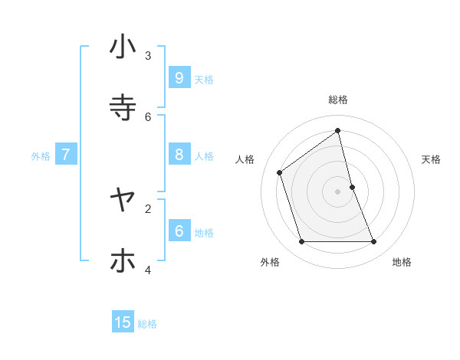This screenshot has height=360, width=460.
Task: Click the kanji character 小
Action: click(x=123, y=47)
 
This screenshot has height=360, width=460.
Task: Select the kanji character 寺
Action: click(x=123, y=108)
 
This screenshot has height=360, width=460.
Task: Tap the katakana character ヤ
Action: click(x=123, y=200)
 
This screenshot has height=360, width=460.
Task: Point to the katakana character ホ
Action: click(x=123, y=260)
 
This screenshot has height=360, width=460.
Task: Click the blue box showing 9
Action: click(x=179, y=77)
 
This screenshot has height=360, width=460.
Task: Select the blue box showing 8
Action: click(x=179, y=155)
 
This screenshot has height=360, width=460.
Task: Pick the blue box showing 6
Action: click(x=179, y=231)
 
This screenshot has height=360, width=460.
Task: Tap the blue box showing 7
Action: click(x=66, y=155)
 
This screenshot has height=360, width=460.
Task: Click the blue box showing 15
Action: click(x=123, y=322)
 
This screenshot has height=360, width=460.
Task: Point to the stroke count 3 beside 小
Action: click(x=148, y=55)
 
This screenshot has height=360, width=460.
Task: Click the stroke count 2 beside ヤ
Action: click(x=148, y=208)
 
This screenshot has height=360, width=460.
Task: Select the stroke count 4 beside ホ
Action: click(x=148, y=270)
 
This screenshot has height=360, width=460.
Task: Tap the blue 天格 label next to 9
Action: click(x=204, y=79)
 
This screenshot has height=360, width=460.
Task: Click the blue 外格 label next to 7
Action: click(x=41, y=156)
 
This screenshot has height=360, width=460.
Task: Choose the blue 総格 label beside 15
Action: click(x=147, y=324)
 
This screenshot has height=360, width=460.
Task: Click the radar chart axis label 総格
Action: click(x=338, y=100)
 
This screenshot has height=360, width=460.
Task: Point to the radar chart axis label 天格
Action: click(x=432, y=159)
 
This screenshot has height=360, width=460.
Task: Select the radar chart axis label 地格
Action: click(x=402, y=262)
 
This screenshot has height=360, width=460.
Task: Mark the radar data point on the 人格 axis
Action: click(x=280, y=172)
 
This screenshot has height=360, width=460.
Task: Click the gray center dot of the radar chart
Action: click(x=338, y=191)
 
